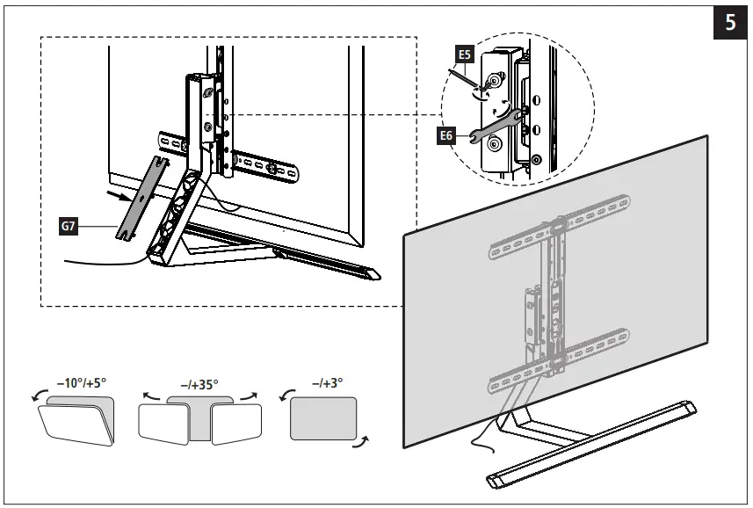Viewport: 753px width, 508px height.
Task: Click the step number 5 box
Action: pyautogui.click(x=729, y=23)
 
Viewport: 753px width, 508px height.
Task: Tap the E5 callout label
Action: pyautogui.click(x=464, y=54)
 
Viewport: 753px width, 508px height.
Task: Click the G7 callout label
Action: pyautogui.click(x=69, y=226)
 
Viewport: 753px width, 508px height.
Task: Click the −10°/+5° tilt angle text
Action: pyautogui.click(x=81, y=384)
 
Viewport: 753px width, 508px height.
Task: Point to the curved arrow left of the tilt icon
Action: pyautogui.click(x=37, y=400)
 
